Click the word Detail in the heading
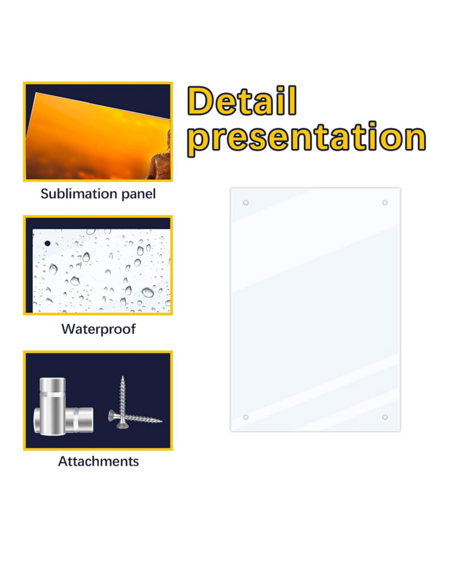point(242,100)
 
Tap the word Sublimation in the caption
point(79,194)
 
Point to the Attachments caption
point(98,461)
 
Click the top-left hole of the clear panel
point(246,203)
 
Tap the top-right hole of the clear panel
point(385,203)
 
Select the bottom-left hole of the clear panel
point(246,417)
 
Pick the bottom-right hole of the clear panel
point(385,417)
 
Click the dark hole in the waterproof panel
point(48,243)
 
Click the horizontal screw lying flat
point(135,417)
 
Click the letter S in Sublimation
point(45,194)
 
